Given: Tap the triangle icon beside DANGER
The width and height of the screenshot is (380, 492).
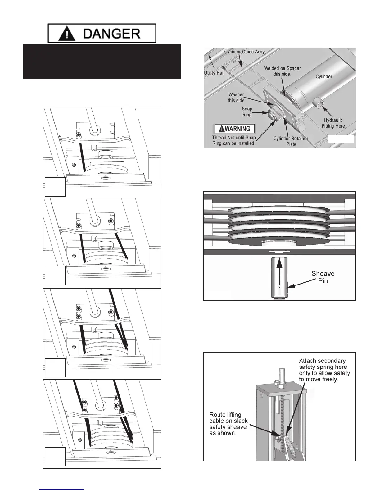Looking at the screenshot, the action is [66, 34].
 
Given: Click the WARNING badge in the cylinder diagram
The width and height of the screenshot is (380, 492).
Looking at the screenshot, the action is [235, 129].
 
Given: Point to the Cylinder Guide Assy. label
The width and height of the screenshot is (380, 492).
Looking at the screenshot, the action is [245, 52].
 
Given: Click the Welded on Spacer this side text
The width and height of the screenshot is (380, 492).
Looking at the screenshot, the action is [282, 71].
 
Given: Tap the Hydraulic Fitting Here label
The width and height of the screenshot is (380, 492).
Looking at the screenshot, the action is [333, 123].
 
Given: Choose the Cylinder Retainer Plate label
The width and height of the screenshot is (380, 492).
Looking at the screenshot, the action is [291, 141].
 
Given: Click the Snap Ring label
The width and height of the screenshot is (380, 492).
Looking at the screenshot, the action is [247, 112].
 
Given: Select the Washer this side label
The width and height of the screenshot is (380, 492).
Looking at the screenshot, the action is [236, 97].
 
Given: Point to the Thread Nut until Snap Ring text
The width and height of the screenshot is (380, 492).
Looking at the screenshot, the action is [234, 140].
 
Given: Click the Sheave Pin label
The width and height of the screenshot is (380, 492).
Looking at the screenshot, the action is [323, 276].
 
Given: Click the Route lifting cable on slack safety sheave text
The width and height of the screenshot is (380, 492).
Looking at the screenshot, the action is [228, 424].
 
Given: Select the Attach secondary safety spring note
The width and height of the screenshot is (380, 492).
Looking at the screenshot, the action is [324, 370].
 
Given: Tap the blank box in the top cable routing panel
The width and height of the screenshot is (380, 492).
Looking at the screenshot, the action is [55, 187].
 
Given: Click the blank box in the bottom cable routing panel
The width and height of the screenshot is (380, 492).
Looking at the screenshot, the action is [55, 456].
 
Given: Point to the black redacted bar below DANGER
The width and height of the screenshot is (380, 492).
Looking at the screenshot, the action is [102, 61].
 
